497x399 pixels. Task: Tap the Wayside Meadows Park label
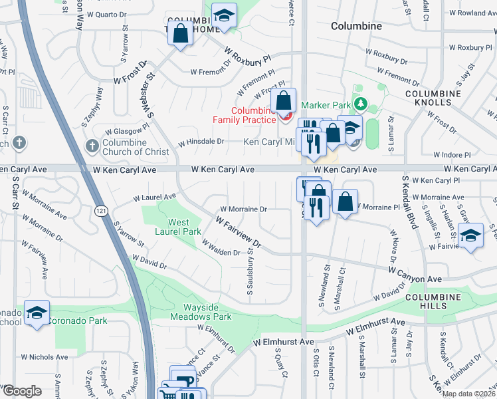pos(208,312)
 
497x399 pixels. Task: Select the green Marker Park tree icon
pos(360,104)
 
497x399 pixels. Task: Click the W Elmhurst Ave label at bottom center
pos(283,342)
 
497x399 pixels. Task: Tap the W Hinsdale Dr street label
pos(201,142)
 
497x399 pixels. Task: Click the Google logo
pos(21,391)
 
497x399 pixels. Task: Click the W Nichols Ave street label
pos(45,357)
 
